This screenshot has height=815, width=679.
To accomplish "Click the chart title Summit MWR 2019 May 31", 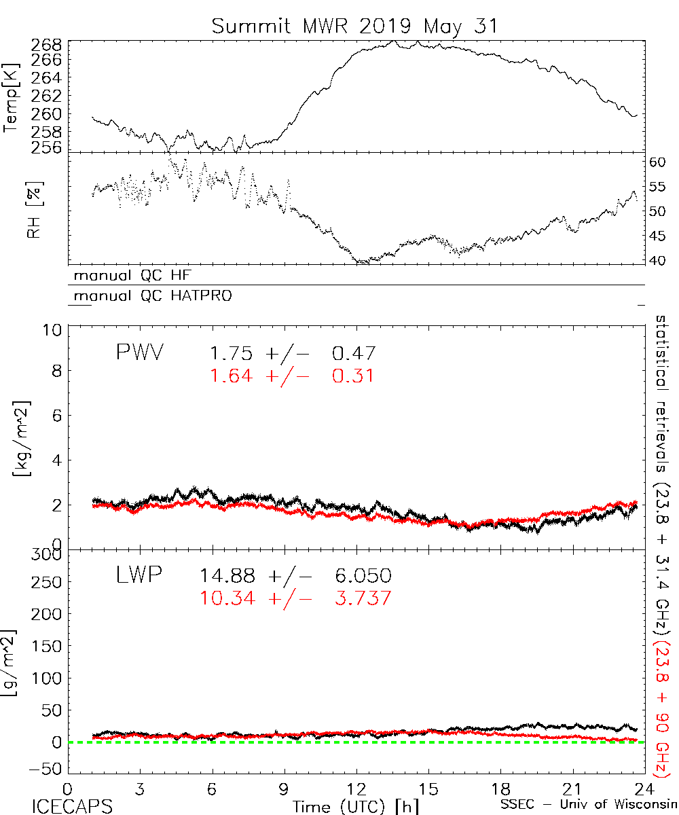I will pos(354,26).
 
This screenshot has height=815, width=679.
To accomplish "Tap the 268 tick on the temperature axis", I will pos(47,46).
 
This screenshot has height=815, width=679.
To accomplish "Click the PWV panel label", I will pos(139,352).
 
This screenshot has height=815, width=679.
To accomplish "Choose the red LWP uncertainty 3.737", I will pos(361,598).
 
